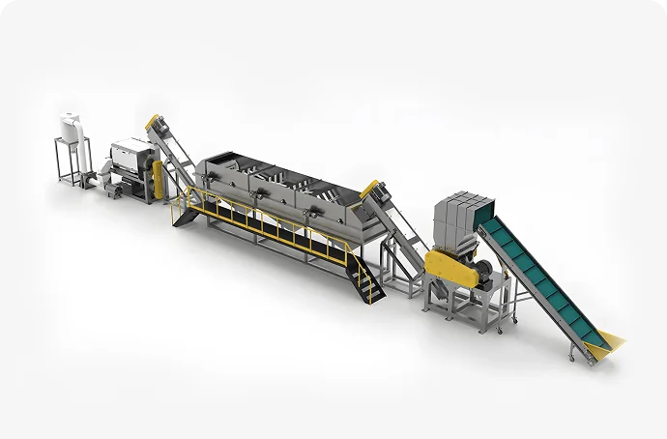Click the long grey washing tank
[x=280, y=193]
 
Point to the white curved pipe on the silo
[x=81, y=124]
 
